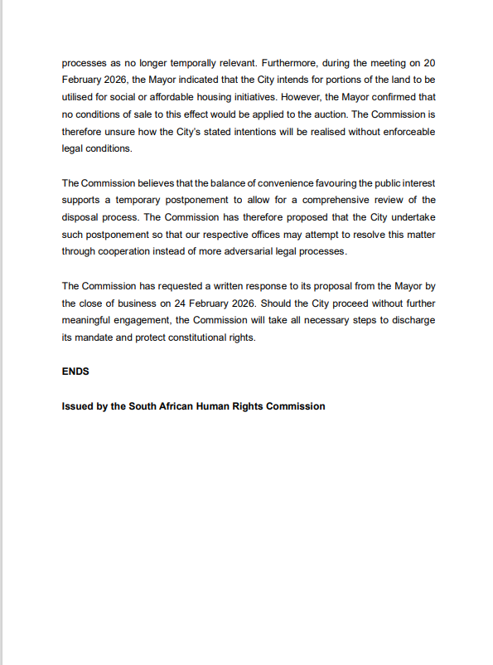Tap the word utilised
pyautogui.click(x=80, y=97)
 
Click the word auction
pyautogui.click(x=333, y=114)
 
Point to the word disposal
pyautogui.click(x=81, y=218)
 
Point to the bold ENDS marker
pyautogui.click(x=75, y=372)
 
